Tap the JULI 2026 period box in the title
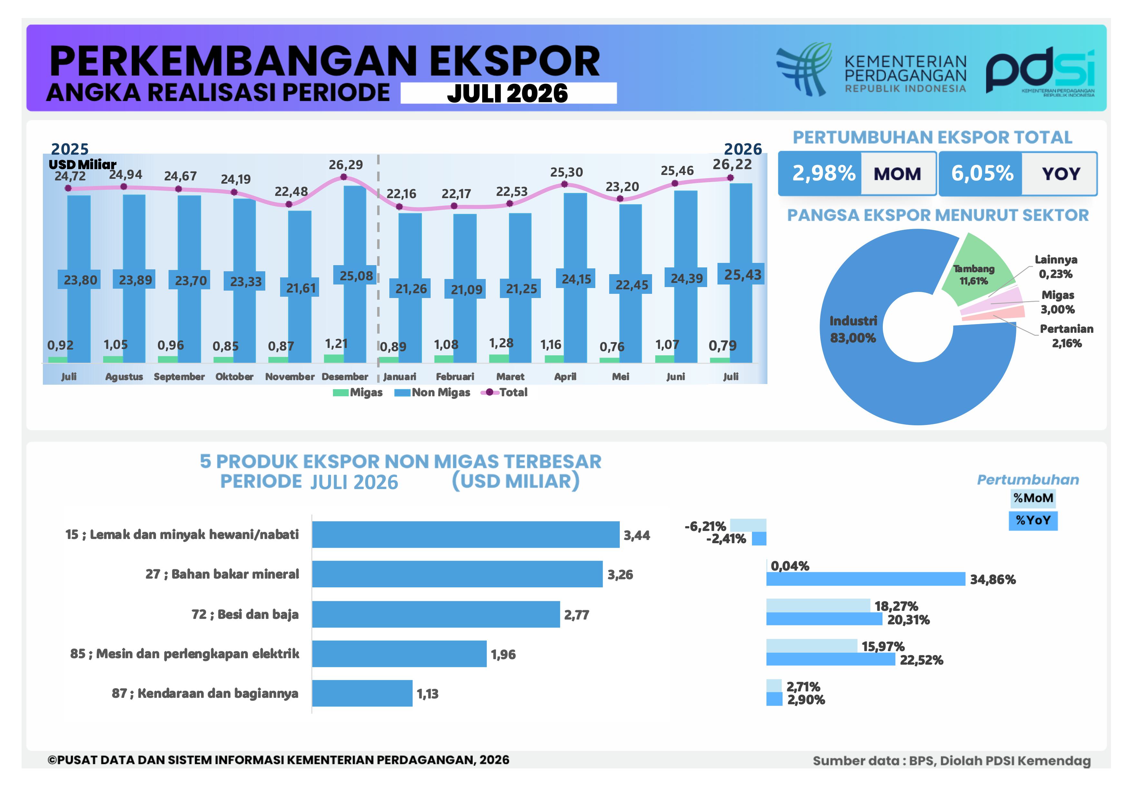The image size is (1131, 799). point(508,93)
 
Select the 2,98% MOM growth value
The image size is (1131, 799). point(824,173)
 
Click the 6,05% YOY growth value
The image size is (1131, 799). point(982,173)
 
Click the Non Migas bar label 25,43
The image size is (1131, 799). point(742,275)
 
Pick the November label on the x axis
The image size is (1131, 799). point(290,377)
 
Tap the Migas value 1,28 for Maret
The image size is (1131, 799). point(501,343)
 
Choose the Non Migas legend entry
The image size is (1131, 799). point(433,392)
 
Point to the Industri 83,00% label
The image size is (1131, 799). point(853,329)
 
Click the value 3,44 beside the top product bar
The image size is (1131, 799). point(637,535)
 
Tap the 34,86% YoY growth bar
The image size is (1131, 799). point(865,579)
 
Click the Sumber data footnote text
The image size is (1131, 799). point(952,761)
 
